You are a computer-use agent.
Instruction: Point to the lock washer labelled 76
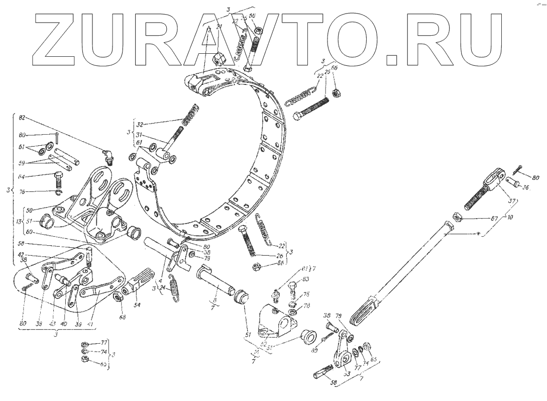pyautogui.click(x=59, y=191)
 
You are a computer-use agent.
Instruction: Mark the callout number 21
pyautogui.click(x=218, y=26)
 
